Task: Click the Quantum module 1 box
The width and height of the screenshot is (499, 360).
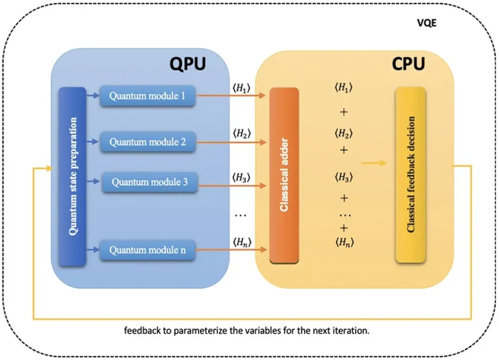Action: pos(147,96)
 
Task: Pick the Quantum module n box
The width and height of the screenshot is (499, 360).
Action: pos(147,251)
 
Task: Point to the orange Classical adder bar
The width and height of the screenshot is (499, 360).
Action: pos(284,175)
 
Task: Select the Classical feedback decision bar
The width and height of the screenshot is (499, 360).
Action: pos(410,175)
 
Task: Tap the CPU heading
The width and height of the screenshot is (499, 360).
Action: pos(408,65)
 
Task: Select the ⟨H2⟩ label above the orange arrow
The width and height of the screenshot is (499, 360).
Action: pos(241,133)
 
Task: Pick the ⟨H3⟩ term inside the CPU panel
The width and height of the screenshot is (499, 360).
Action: pos(344,177)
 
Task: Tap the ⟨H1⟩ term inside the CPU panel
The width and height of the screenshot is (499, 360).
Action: pos(344,89)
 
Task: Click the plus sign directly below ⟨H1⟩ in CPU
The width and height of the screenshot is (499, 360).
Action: pos(343,112)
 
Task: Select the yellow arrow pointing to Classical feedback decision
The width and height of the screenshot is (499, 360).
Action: pos(375,162)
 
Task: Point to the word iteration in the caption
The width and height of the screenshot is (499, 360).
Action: pos(354,330)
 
